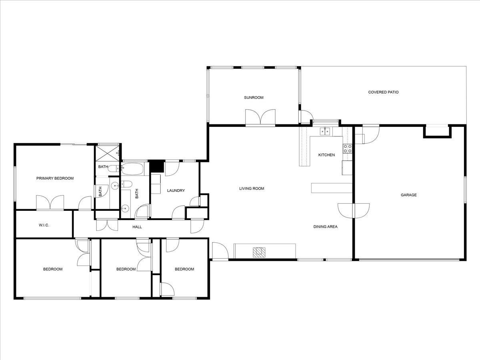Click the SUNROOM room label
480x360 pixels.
[254, 98]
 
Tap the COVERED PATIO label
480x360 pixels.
[383, 92]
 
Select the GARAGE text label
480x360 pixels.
[409, 195]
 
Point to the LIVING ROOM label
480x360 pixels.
[252, 188]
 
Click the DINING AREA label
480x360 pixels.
[325, 227]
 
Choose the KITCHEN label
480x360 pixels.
[326, 155]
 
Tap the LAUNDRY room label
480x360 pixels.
[176, 191]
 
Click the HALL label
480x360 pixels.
[137, 227]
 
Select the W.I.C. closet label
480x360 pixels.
[44, 225]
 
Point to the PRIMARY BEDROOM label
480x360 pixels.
[55, 178]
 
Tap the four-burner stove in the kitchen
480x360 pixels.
[348, 149]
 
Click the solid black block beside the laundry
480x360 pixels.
[156, 166]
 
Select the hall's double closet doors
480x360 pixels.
[107, 224]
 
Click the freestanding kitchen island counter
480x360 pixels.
[332, 188]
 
